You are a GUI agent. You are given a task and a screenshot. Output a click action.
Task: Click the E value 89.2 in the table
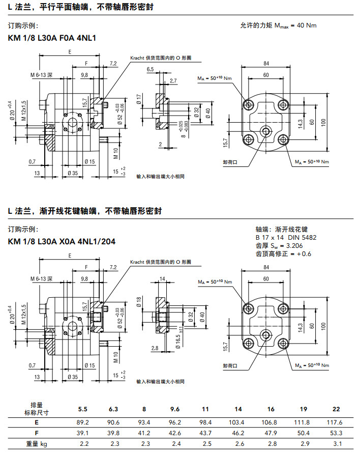pos(82,422)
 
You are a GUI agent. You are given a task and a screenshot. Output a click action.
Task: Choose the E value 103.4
pos(238,422)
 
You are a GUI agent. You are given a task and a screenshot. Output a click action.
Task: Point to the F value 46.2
pos(238,433)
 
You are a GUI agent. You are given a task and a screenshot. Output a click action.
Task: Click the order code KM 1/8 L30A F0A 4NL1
pos(52,38)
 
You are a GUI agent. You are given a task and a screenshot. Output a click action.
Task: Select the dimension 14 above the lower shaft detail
pos(163,279)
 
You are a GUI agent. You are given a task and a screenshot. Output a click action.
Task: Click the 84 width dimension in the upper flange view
pos(266,63)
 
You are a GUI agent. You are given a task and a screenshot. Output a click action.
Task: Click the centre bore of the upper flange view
pos(266,131)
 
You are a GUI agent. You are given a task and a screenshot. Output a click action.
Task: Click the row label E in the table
pos(36,422)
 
